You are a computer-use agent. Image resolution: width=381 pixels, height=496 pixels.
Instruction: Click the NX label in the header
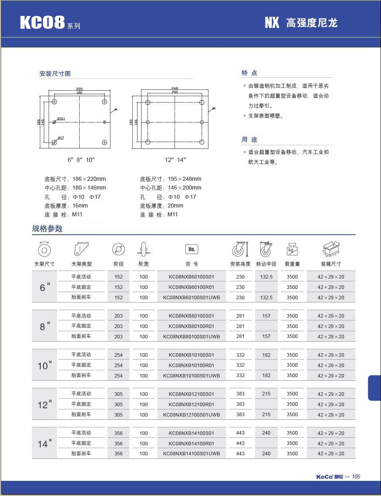pos(272,23)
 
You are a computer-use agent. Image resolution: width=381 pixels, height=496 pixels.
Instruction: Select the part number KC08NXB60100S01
pos(191,277)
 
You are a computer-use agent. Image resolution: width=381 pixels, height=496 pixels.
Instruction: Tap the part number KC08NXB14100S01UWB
pos(191,453)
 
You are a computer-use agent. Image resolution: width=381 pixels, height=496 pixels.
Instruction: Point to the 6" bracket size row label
pos(45,287)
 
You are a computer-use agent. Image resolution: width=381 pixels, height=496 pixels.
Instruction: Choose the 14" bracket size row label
pos(45,443)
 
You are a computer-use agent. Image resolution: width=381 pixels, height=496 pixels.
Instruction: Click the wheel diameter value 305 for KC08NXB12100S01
pos(118,394)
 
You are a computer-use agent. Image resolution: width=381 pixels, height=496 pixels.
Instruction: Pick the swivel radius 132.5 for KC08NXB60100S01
pos(266,277)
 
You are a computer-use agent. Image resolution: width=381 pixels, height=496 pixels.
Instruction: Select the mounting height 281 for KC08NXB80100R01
pos(240,326)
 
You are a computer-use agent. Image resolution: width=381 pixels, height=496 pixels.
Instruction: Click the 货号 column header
pos(191,264)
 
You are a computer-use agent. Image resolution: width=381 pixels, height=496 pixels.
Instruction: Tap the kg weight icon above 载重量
pos(292,249)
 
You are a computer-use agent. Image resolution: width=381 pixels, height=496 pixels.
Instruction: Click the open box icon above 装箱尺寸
pos(331,249)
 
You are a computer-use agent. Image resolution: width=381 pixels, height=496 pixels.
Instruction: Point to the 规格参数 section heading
pos(47,229)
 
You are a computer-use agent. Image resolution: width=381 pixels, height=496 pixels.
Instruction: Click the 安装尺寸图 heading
pos(55,73)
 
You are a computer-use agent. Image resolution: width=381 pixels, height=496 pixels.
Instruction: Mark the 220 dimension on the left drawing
pos(79,89)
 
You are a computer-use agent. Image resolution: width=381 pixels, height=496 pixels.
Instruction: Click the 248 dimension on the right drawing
pos(175,88)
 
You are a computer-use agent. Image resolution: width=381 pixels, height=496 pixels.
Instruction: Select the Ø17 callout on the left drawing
pos(61,138)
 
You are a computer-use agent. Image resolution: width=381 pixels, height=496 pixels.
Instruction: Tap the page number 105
pos(356,476)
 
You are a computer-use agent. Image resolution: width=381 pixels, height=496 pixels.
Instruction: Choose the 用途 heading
pos(249,139)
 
